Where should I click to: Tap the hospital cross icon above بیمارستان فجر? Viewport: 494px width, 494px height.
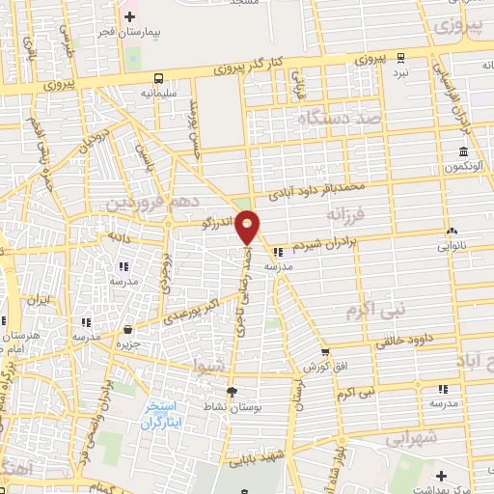coord(130,16)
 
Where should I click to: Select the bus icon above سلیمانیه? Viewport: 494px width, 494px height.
coord(158,79)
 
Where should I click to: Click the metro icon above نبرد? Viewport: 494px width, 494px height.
coord(399,57)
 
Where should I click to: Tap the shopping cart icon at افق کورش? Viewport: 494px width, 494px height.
coord(325,352)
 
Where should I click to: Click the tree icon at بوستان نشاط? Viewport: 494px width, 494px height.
coord(231,391)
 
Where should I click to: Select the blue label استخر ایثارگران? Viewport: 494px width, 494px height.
coord(161,415)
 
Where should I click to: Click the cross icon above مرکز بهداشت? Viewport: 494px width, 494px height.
coord(441,476)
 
